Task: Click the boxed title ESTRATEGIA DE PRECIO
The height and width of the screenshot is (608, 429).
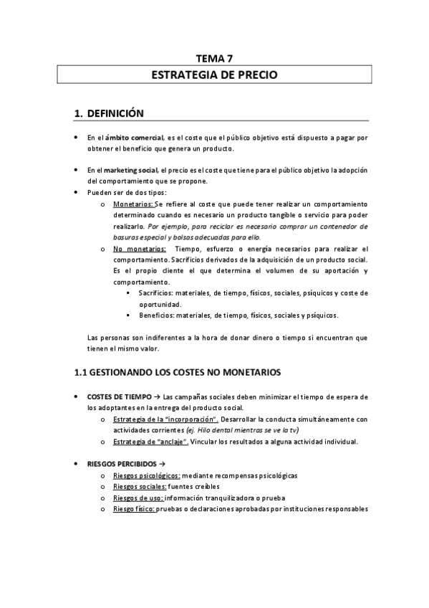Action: pos(214,75)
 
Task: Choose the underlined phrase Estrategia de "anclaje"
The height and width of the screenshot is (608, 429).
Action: pos(150,441)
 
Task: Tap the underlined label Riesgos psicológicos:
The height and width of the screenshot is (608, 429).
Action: pos(147,475)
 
